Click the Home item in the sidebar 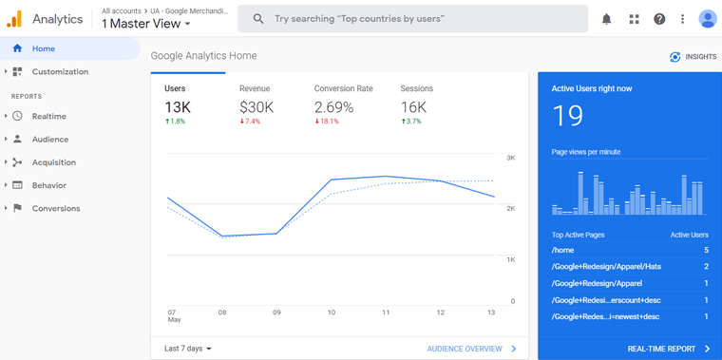[x=43, y=48]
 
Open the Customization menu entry [x=59, y=72]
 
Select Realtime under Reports [x=48, y=116]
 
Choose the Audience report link [x=49, y=140]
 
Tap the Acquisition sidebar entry [x=53, y=162]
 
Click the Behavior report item [x=48, y=185]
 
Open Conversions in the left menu [x=55, y=209]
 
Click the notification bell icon [x=606, y=19]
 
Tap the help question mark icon [x=659, y=19]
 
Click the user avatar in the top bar [x=707, y=19]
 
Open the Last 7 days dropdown [x=188, y=349]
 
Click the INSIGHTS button [x=693, y=57]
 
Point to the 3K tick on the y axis [x=510, y=158]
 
